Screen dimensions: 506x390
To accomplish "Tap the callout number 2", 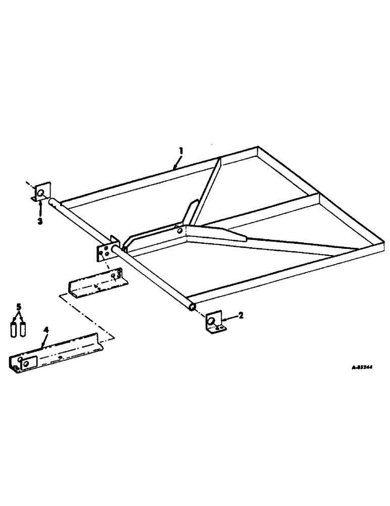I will (x=241, y=315).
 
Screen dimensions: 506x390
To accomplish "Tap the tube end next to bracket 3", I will (x=52, y=201).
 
